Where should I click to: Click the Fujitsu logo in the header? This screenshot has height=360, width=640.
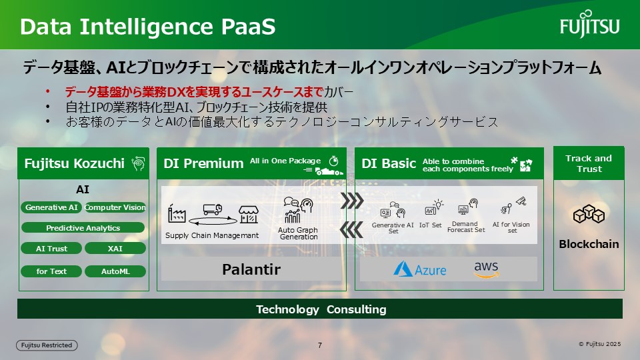tap(589, 24)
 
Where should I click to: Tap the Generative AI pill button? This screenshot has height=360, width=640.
tap(51, 207)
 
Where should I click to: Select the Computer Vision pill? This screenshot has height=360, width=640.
tap(115, 207)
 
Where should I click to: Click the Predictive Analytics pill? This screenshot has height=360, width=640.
tap(83, 228)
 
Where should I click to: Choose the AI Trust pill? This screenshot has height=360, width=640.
tap(51, 248)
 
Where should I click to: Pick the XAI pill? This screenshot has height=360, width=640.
tap(115, 248)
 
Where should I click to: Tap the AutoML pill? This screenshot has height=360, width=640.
tap(115, 271)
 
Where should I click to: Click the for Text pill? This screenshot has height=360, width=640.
tap(51, 271)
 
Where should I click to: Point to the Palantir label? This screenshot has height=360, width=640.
tap(251, 269)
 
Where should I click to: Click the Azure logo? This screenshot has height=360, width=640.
tap(419, 269)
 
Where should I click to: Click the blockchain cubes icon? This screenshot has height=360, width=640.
tap(589, 214)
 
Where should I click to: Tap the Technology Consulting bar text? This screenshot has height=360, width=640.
tap(321, 309)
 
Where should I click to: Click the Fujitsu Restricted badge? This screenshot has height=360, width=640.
tap(47, 345)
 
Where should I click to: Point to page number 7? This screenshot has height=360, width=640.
tap(320, 345)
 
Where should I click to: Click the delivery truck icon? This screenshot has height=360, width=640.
tap(213, 209)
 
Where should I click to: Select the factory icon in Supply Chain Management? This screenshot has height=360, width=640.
tap(177, 213)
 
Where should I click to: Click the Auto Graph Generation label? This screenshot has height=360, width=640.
tap(298, 233)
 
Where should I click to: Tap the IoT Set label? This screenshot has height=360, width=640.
tap(430, 225)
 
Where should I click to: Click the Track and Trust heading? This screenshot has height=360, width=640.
tap(589, 163)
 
